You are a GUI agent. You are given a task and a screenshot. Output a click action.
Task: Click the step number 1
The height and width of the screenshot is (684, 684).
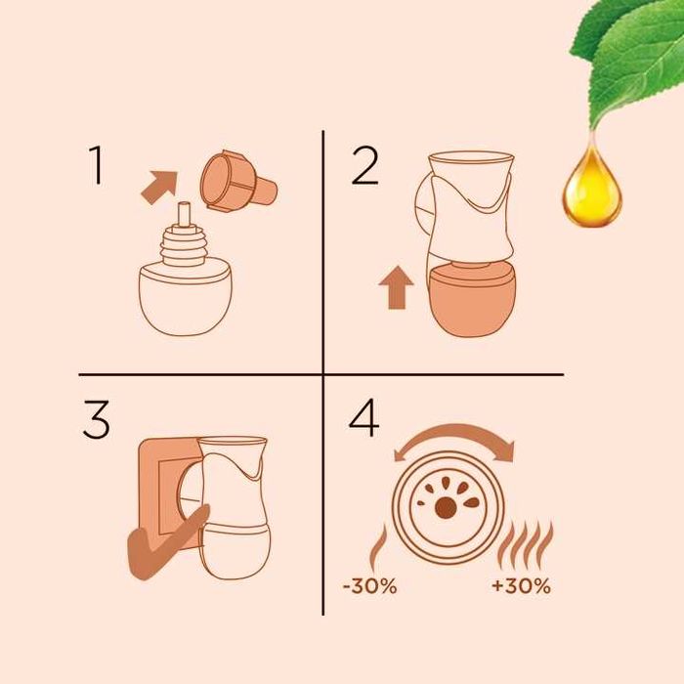point(97,165)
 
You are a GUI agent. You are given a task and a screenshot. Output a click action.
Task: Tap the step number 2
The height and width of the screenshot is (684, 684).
point(364,166)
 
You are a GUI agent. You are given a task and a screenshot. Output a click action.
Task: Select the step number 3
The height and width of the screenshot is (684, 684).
point(96,419)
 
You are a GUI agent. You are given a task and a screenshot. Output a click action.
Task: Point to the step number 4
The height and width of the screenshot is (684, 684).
point(363,417)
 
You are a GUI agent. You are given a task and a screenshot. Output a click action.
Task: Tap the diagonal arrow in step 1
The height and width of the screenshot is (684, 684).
point(159,187)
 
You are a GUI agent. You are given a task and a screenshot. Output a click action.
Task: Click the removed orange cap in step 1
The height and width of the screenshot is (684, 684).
point(237,181)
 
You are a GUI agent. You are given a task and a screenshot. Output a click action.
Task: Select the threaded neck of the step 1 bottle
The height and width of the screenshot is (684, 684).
point(184,244)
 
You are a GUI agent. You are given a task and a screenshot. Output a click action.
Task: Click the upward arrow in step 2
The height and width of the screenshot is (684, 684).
point(396,288)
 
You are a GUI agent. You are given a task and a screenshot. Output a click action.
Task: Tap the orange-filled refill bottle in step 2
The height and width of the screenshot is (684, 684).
point(472,299)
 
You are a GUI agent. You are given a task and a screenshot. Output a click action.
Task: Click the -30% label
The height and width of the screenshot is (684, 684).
point(370,586)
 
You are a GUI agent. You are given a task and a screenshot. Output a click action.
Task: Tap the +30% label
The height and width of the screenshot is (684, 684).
point(521,586)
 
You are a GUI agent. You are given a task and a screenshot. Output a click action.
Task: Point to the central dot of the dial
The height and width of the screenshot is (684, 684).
point(446,508)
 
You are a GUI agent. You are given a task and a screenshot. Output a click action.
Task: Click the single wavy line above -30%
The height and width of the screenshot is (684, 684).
point(377,548)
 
